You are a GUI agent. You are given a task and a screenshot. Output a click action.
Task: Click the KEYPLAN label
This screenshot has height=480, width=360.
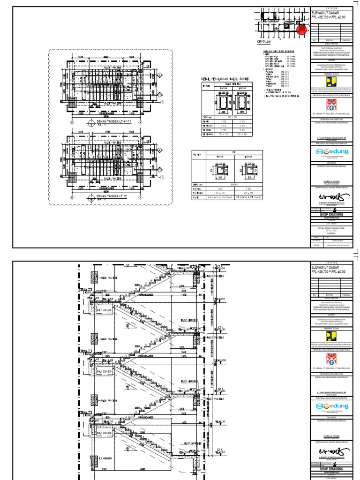265,42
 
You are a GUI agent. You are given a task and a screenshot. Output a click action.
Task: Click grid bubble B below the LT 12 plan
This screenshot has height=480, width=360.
73,198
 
